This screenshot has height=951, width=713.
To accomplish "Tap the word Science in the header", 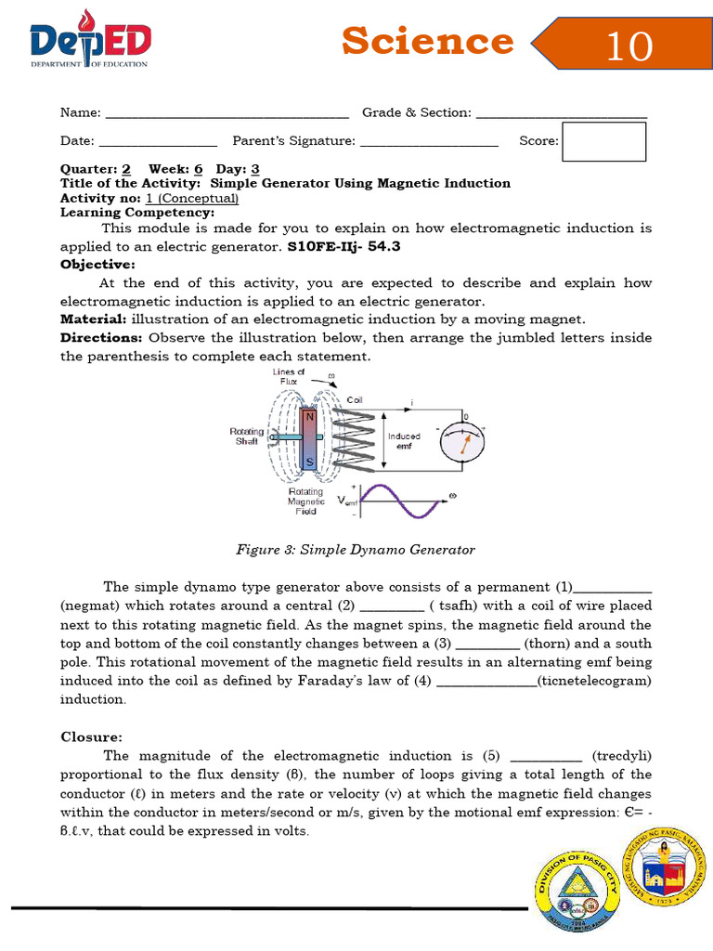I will point(427,41).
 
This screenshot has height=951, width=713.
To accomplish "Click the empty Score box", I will point(603,141).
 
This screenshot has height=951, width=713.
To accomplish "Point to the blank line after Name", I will point(227,113).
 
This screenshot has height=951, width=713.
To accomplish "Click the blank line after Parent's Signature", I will point(429,141).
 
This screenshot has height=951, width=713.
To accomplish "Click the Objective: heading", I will point(97,265).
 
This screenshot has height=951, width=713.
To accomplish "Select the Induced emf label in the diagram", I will point(404,440).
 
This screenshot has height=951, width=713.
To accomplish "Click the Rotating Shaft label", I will point(246,436).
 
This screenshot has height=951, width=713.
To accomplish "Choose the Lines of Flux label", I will point(288,376).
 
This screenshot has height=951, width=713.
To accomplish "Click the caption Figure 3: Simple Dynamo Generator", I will point(356,550).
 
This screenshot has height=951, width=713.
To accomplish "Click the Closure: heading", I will point(91,736).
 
